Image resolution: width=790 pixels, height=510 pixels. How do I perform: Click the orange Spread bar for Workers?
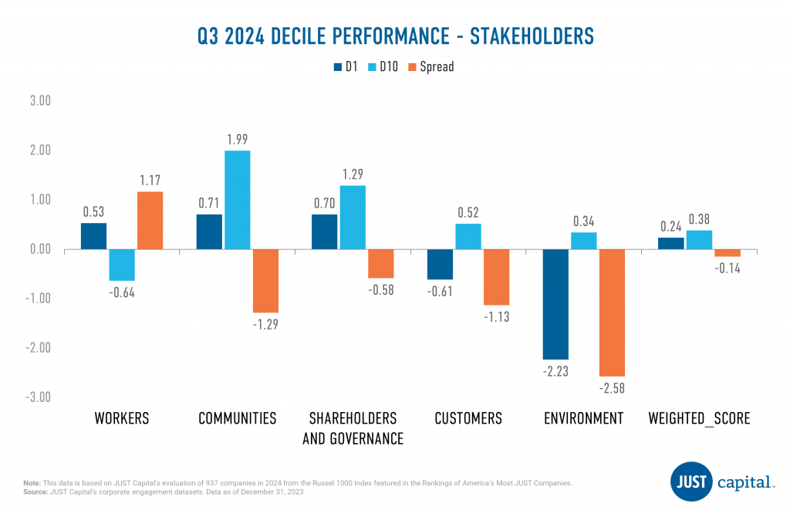click(150, 220)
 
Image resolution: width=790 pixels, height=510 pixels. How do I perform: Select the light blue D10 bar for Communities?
click(237, 199)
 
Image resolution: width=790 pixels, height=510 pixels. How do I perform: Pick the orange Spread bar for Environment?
click(612, 312)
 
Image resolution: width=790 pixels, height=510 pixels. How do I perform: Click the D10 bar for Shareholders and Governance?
click(353, 217)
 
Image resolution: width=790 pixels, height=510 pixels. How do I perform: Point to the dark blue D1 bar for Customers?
click(440, 264)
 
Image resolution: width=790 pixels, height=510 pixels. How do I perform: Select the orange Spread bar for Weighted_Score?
click(728, 253)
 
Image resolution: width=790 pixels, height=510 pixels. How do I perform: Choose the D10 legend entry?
click(383, 66)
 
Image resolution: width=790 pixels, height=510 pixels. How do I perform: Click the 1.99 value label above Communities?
click(237, 139)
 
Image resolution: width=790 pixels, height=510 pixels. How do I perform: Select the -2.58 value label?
click(612, 388)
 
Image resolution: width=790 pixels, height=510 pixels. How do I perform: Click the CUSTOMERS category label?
click(468, 419)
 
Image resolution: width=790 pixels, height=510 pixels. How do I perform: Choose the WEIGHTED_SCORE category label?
click(699, 419)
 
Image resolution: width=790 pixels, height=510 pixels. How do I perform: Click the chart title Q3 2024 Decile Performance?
click(395, 35)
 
